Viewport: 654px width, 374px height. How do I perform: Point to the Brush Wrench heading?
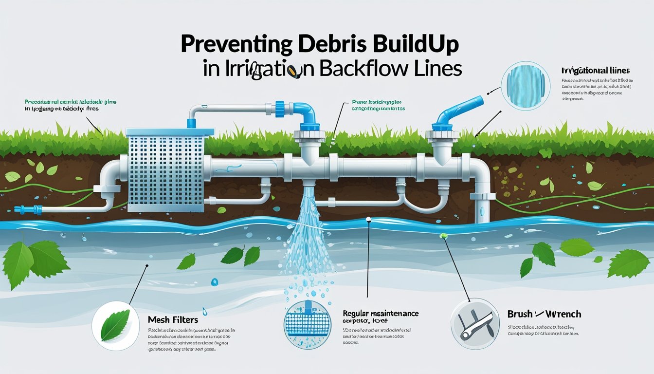(x=545, y=314)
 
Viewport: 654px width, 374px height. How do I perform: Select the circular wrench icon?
(x=474, y=323)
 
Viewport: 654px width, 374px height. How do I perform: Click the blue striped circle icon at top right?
(x=525, y=86)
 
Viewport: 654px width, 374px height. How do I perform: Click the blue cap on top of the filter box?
(x=191, y=124)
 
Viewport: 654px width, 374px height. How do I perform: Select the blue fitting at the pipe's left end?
(x=22, y=210)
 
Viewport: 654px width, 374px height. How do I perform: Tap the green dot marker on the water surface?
(x=443, y=237)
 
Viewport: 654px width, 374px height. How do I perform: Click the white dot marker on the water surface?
(x=369, y=220)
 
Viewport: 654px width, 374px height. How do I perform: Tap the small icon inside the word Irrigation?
(x=292, y=72)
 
